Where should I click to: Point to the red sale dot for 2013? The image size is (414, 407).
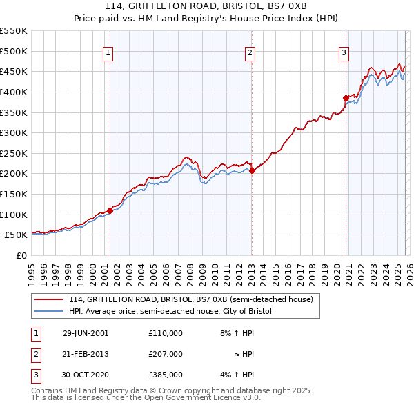click(252, 170)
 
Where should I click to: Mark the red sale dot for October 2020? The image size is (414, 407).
click(346, 98)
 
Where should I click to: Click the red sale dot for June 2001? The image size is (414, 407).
click(110, 210)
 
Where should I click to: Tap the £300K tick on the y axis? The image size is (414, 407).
click(14, 132)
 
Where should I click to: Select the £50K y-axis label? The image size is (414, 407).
click(16, 235)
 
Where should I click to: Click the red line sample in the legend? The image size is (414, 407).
click(49, 299)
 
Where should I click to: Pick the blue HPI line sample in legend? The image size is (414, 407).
click(49, 311)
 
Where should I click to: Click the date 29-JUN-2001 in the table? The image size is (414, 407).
click(86, 332)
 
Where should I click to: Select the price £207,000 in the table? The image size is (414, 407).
click(166, 354)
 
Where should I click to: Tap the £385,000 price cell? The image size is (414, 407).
click(166, 375)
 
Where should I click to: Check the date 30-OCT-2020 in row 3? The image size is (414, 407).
click(86, 375)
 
